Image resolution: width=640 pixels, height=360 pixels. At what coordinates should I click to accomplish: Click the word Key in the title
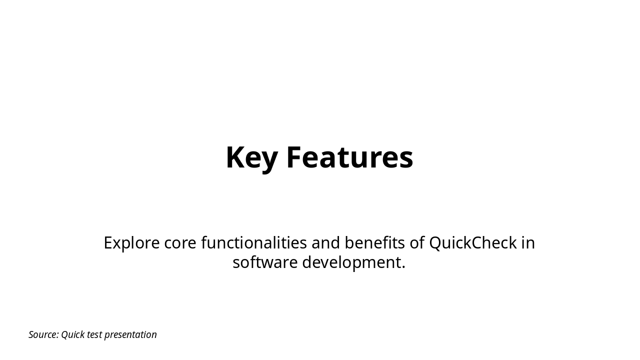pos(251,157)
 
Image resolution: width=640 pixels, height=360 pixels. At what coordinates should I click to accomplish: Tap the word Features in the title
pos(349,157)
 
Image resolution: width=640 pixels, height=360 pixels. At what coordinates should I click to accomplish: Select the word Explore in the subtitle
pos(131,243)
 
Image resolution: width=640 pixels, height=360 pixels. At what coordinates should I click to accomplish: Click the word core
pos(180,243)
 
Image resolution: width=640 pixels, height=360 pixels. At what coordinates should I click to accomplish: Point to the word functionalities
pos(254,243)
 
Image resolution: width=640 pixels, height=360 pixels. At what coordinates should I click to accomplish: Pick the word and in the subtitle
pos(325,243)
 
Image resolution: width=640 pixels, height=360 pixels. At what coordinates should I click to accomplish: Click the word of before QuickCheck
pos(417,243)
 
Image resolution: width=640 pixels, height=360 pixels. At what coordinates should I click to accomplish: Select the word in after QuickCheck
pos(528,243)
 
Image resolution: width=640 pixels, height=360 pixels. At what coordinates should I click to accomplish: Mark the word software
pos(265,262)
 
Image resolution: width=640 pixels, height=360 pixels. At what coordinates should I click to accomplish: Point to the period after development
pos(403,267)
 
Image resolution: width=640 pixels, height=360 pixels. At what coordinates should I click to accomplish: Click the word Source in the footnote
pos(42,334)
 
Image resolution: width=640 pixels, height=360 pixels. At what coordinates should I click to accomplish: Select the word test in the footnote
pos(94,334)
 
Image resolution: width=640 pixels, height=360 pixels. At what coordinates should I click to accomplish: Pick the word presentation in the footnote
pos(130,334)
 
